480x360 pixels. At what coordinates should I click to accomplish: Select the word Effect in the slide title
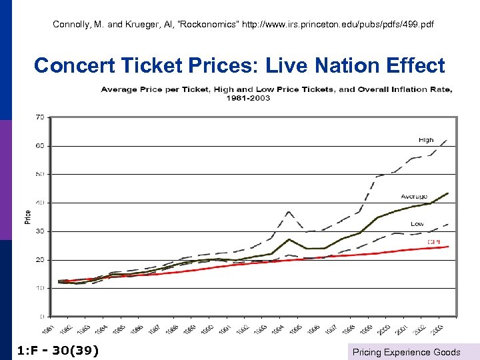413,65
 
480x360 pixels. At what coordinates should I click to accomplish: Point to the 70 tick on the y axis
39,117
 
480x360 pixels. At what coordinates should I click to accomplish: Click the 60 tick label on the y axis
39,145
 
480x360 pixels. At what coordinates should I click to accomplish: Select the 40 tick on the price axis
39,203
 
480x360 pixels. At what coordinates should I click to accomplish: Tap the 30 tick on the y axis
39,231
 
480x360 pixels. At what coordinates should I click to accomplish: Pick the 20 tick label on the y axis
39,260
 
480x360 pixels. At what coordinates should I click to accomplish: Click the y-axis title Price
28,217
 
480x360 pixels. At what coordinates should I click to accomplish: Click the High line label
425,140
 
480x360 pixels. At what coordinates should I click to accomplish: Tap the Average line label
414,197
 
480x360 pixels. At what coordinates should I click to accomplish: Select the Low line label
417,224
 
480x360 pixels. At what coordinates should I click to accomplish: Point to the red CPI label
433,241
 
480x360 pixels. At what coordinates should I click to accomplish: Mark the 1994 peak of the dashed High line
288,211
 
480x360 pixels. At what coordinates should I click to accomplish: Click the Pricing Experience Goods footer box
406,352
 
